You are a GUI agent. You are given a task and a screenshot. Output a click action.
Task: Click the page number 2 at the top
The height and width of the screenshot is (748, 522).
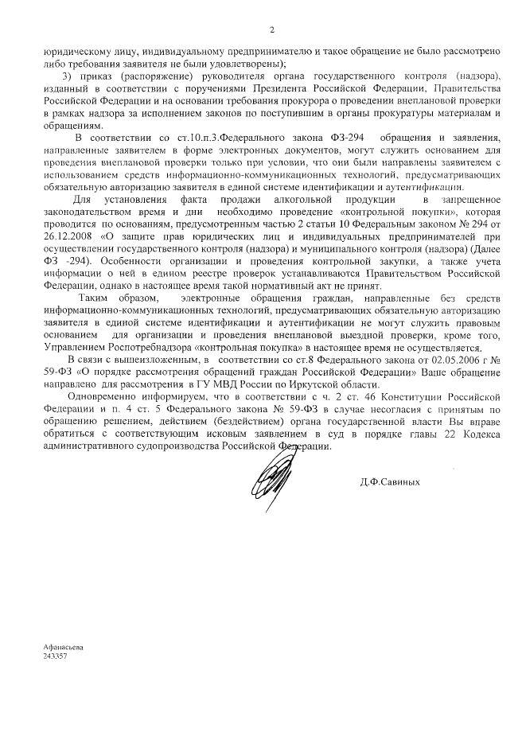(271, 30)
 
